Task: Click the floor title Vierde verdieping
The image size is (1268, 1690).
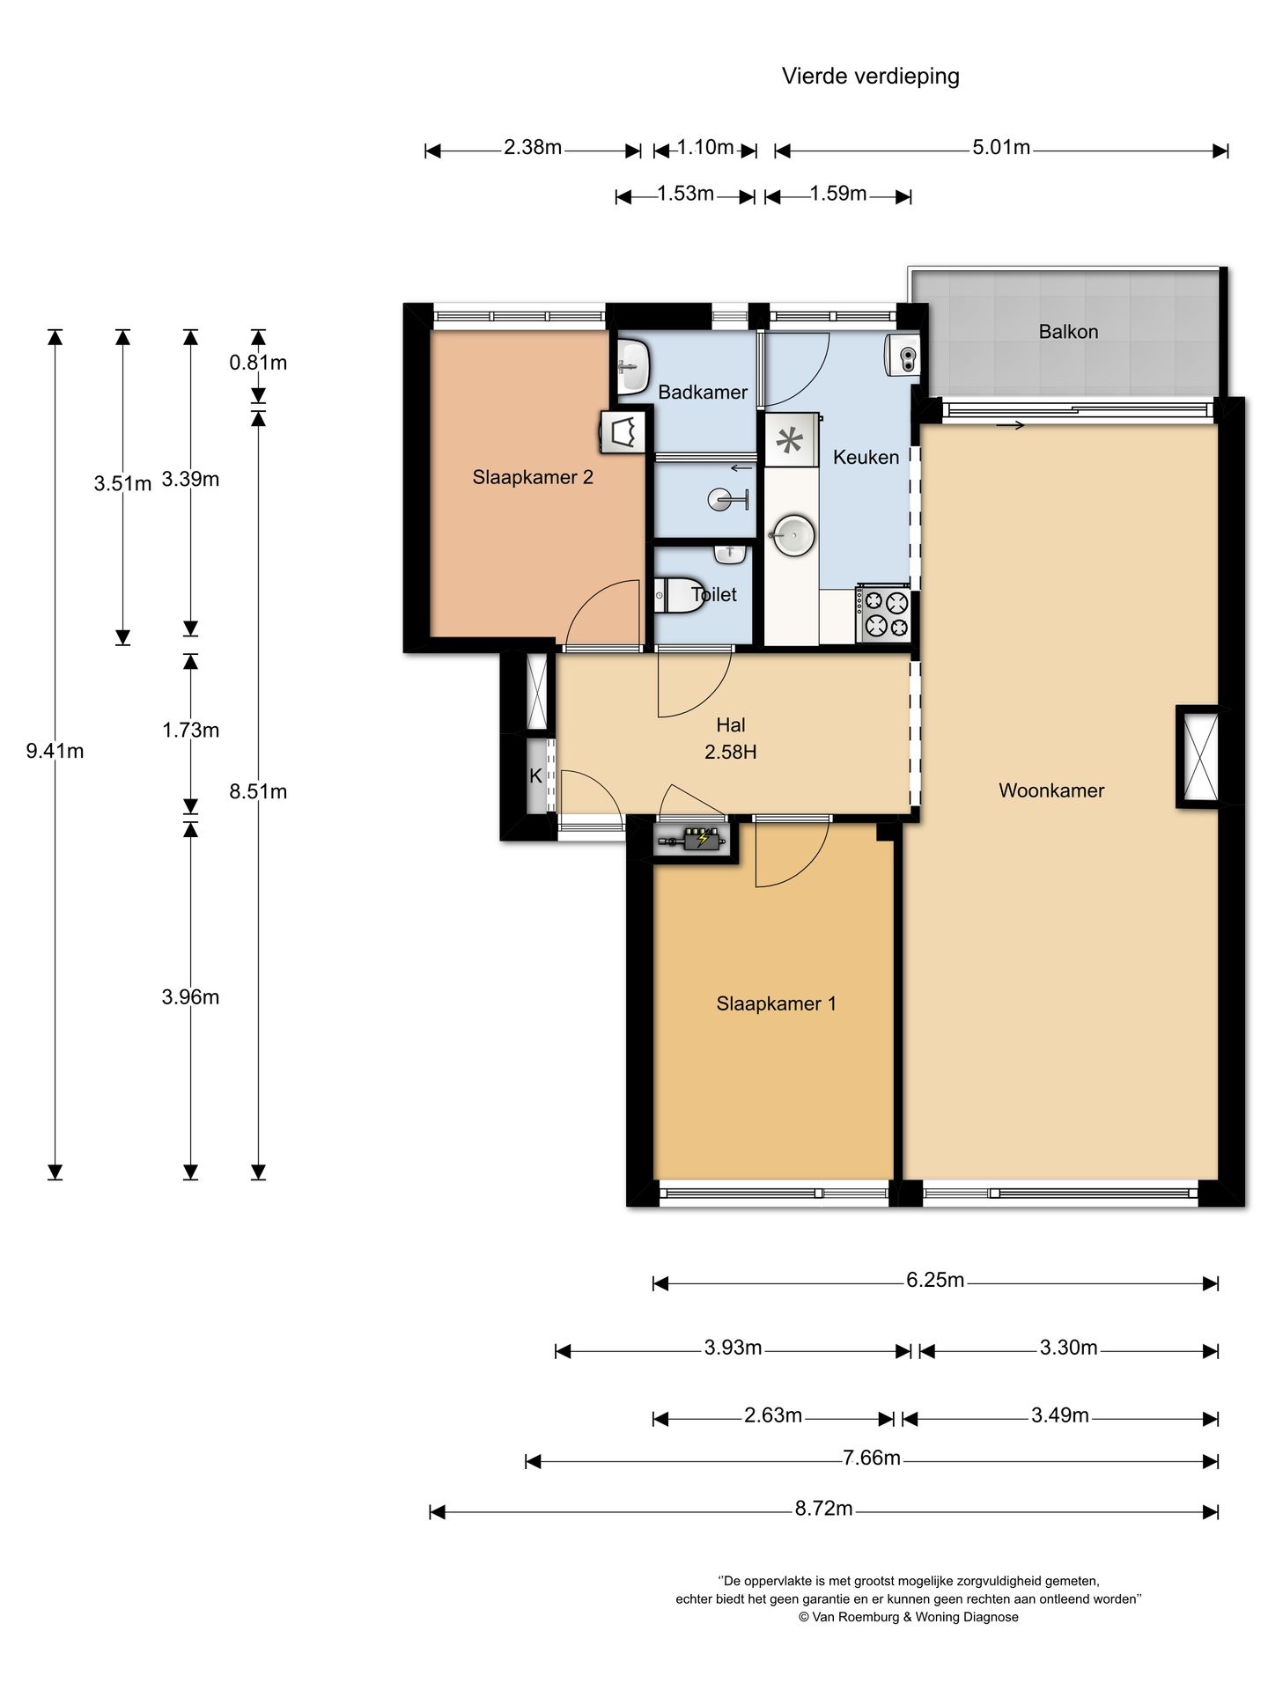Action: (870, 77)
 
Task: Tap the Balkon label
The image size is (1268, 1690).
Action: (1068, 332)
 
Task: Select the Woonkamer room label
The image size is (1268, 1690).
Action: (1051, 790)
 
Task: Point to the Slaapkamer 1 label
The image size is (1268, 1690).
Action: (776, 1003)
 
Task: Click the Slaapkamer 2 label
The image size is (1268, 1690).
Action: (533, 477)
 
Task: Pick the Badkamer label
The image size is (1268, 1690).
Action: (703, 393)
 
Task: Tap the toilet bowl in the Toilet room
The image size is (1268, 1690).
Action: (675, 596)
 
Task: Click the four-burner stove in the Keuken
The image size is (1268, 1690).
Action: (882, 614)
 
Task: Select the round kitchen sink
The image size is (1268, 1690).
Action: (792, 533)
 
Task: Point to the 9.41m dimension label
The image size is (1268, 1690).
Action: (55, 751)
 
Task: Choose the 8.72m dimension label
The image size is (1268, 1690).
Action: (823, 1508)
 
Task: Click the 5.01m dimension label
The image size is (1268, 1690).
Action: (1001, 147)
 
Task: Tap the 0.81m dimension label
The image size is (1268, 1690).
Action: (258, 363)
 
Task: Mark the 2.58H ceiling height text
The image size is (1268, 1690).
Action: (730, 752)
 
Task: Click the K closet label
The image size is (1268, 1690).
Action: (535, 776)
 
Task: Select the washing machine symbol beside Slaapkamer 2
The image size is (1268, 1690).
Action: (623, 433)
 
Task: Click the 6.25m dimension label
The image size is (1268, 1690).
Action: (935, 1280)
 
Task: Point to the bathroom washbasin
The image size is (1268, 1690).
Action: (633, 361)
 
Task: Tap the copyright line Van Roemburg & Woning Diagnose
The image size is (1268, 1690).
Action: (908, 1617)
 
